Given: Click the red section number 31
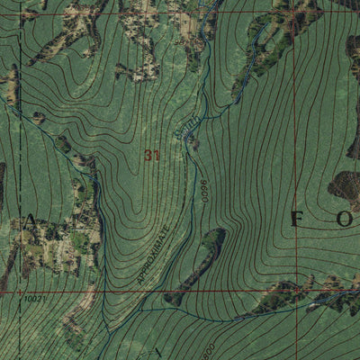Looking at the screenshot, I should click(151, 155).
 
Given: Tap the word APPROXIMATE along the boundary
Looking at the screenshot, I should click(154, 256).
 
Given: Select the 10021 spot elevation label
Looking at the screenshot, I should click(34, 299).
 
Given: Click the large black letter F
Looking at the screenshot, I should click(296, 219).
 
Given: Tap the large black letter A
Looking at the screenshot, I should click(31, 220).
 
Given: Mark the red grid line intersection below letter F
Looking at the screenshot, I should click(294, 291).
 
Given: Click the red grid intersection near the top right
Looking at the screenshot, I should click(293, 13).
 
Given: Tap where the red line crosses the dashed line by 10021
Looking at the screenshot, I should click(20, 292).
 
